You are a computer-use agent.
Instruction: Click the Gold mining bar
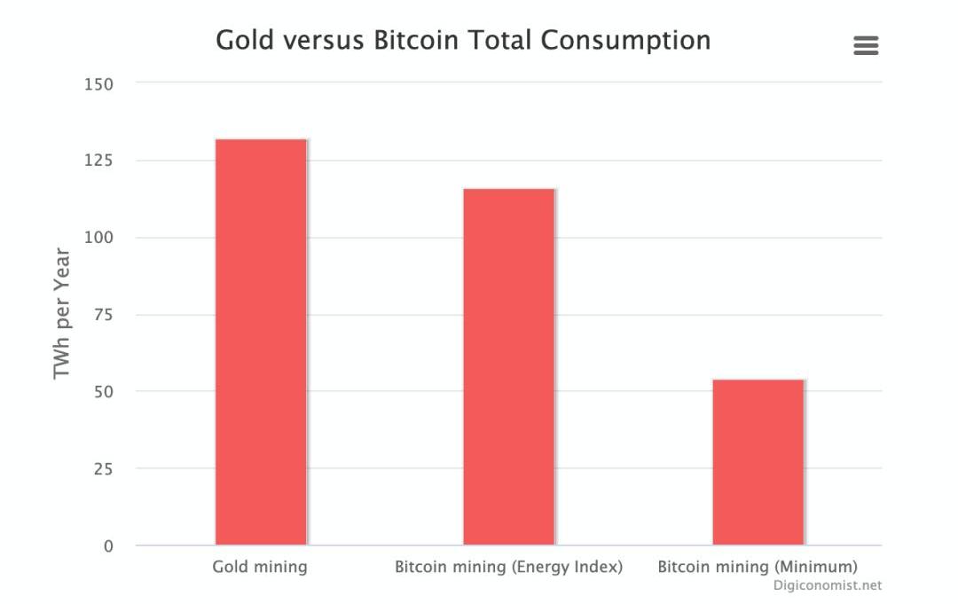tap(261, 341)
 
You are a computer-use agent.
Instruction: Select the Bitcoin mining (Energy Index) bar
tap(509, 366)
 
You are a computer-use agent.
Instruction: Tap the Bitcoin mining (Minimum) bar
tap(758, 462)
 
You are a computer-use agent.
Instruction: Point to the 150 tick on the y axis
tap(98, 84)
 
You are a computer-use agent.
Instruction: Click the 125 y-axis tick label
tap(98, 161)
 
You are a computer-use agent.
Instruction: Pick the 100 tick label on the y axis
tap(98, 238)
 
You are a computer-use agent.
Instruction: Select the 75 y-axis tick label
tap(103, 315)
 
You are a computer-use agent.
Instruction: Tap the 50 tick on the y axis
tap(103, 392)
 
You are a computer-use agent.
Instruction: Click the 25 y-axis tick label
tap(103, 469)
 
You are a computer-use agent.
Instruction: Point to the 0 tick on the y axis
tap(108, 546)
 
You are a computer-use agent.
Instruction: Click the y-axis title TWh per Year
tap(61, 313)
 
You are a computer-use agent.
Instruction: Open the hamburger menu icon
tap(866, 45)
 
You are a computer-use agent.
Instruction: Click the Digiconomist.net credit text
tap(827, 585)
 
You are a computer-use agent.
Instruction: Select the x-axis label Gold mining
tap(260, 567)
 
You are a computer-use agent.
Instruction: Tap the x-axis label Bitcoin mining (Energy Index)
tap(508, 567)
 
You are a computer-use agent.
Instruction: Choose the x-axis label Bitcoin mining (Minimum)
tap(758, 567)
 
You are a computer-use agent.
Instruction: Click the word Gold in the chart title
tap(245, 40)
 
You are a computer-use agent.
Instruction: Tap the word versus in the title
tap(324, 41)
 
